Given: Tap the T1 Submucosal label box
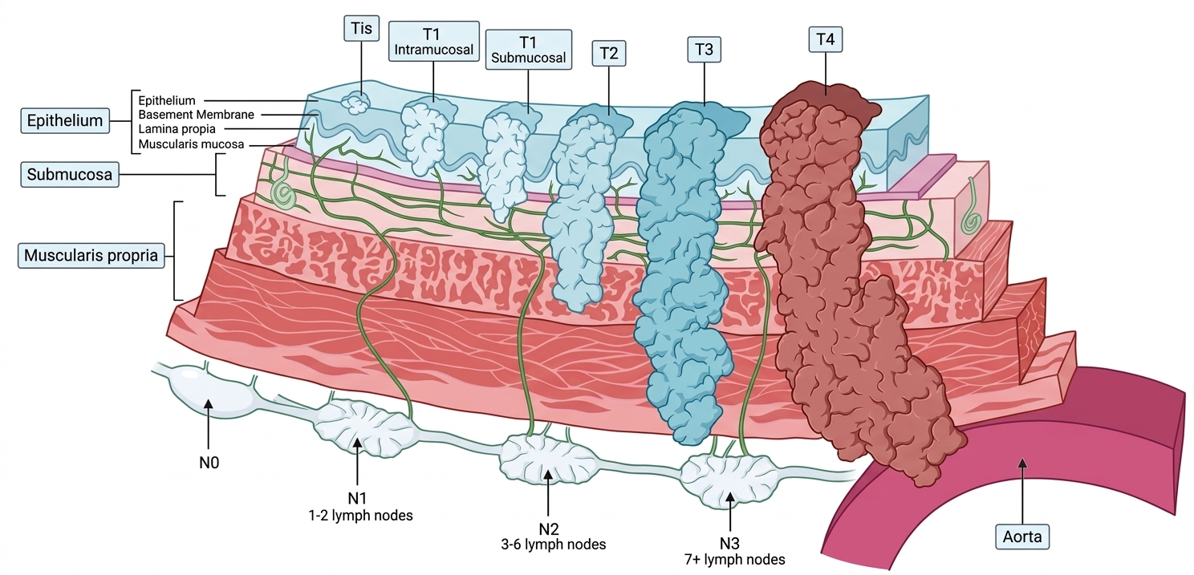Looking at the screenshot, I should point(529,50).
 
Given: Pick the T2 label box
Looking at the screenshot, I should point(608,55).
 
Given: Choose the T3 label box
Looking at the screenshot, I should point(705,50).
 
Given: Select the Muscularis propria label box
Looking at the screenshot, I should point(94,257).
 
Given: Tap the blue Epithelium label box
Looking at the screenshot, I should point(65,121).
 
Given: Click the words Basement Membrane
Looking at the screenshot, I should point(196,115).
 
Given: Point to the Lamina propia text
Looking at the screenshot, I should point(177,129).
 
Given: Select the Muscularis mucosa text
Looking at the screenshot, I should point(191,144).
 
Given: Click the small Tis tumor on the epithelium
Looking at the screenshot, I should point(355,103).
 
